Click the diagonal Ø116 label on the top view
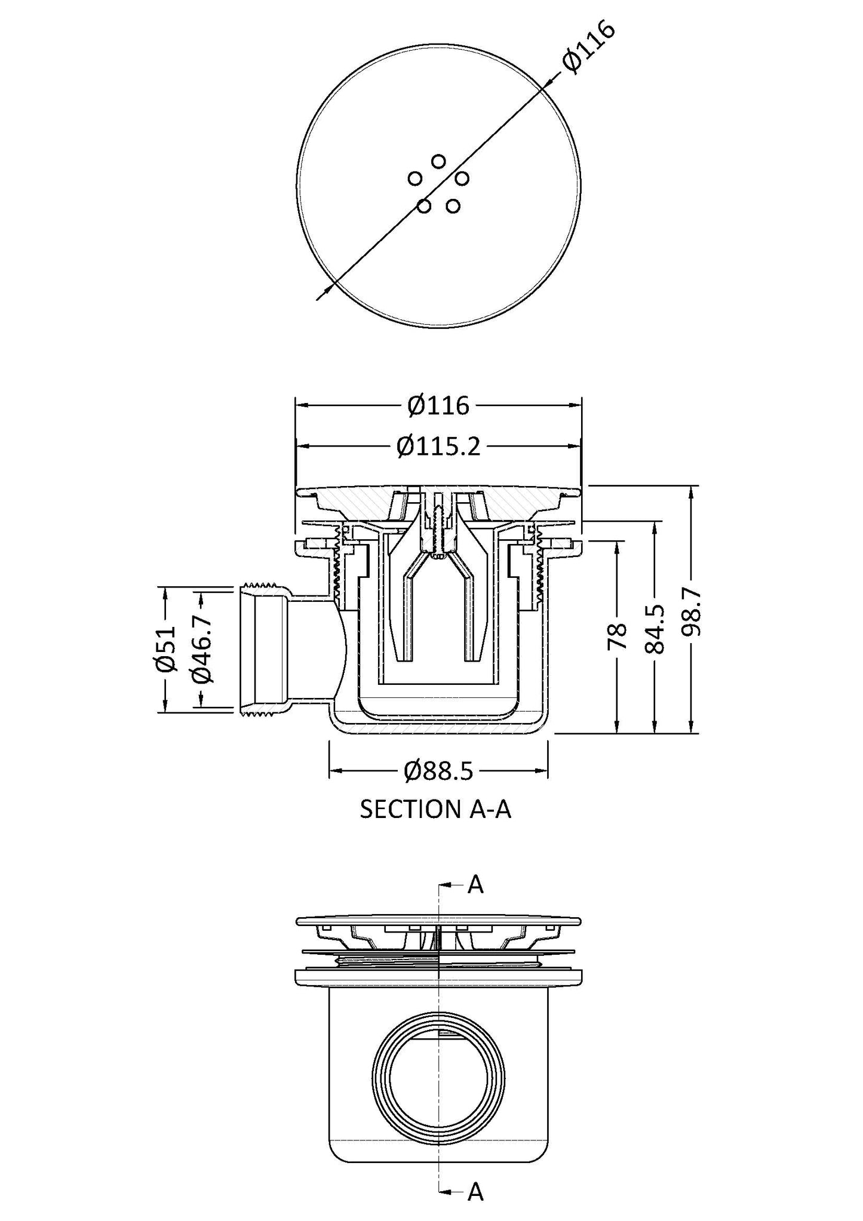tap(588, 48)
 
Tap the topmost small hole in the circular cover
tap(438, 161)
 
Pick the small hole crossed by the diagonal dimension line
tap(424, 207)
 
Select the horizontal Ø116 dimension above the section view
tap(439, 406)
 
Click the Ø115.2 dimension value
tap(439, 446)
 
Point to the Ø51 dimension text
tap(167, 648)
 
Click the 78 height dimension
tap(618, 636)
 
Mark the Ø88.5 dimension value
tap(439, 771)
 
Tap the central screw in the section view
tap(439, 525)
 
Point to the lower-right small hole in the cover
tap(453, 207)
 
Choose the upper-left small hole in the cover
tap(415, 178)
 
